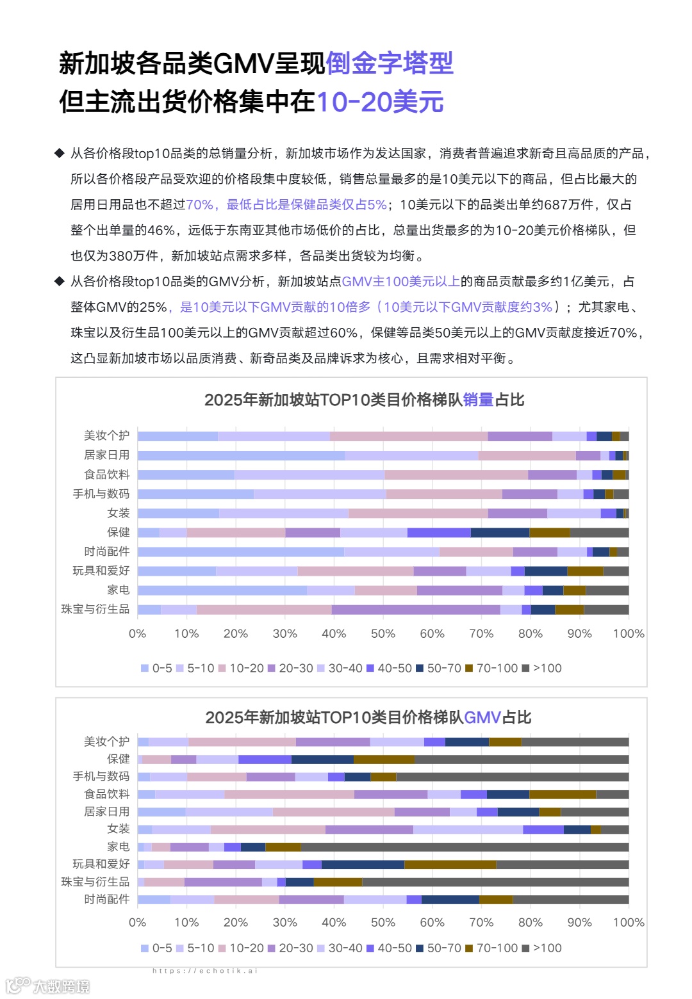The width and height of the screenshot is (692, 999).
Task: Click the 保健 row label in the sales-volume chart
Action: (x=118, y=532)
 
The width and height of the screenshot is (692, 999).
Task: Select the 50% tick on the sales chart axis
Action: (x=383, y=633)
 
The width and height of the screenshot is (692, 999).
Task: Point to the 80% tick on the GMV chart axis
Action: (x=530, y=922)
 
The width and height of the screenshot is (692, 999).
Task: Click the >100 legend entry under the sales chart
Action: (x=542, y=668)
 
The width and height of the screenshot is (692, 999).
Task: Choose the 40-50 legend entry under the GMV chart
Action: (x=389, y=948)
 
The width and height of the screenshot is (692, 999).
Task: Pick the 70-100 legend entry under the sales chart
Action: (x=491, y=668)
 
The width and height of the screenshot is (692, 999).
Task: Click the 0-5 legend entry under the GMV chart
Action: (x=156, y=948)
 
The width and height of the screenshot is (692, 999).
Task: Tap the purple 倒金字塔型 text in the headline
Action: (x=390, y=63)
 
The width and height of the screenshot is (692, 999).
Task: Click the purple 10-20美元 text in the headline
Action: (x=380, y=102)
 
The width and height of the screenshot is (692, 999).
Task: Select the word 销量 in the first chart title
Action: (x=478, y=400)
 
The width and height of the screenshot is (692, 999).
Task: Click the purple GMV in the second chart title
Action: (x=482, y=717)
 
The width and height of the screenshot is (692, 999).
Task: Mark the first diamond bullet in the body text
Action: (x=60, y=153)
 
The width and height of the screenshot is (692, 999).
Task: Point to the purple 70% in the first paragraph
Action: (x=199, y=204)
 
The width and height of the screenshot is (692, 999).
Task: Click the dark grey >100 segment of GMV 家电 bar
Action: (x=465, y=847)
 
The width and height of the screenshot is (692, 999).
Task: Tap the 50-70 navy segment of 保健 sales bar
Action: (x=500, y=532)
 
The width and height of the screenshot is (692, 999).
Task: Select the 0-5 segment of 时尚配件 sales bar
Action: (x=240, y=551)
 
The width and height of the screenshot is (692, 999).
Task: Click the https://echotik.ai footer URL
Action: (x=205, y=971)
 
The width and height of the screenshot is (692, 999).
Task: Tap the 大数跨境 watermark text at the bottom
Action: (x=62, y=986)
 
